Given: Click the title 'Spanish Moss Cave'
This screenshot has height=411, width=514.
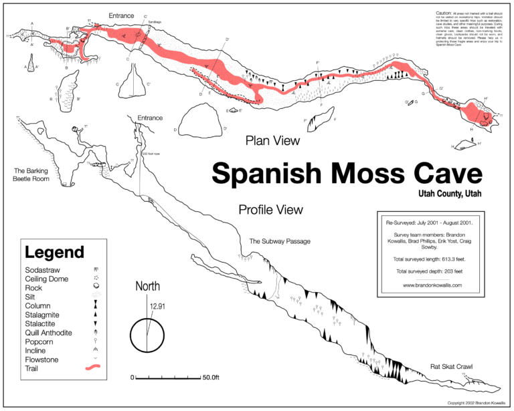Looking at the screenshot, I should (347, 174).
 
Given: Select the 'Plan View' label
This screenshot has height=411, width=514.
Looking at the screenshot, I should (272, 141).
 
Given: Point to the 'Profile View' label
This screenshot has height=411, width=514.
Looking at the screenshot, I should (270, 210).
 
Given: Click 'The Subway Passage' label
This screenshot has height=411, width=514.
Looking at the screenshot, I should (280, 241).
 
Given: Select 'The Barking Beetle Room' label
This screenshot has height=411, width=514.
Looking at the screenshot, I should (31, 174).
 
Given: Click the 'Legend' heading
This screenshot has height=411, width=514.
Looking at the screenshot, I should (54, 253).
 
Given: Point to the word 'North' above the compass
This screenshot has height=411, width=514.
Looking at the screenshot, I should (148, 287).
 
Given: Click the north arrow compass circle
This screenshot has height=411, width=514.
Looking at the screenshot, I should (147, 335).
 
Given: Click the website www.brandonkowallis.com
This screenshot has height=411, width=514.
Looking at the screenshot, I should (434, 285).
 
